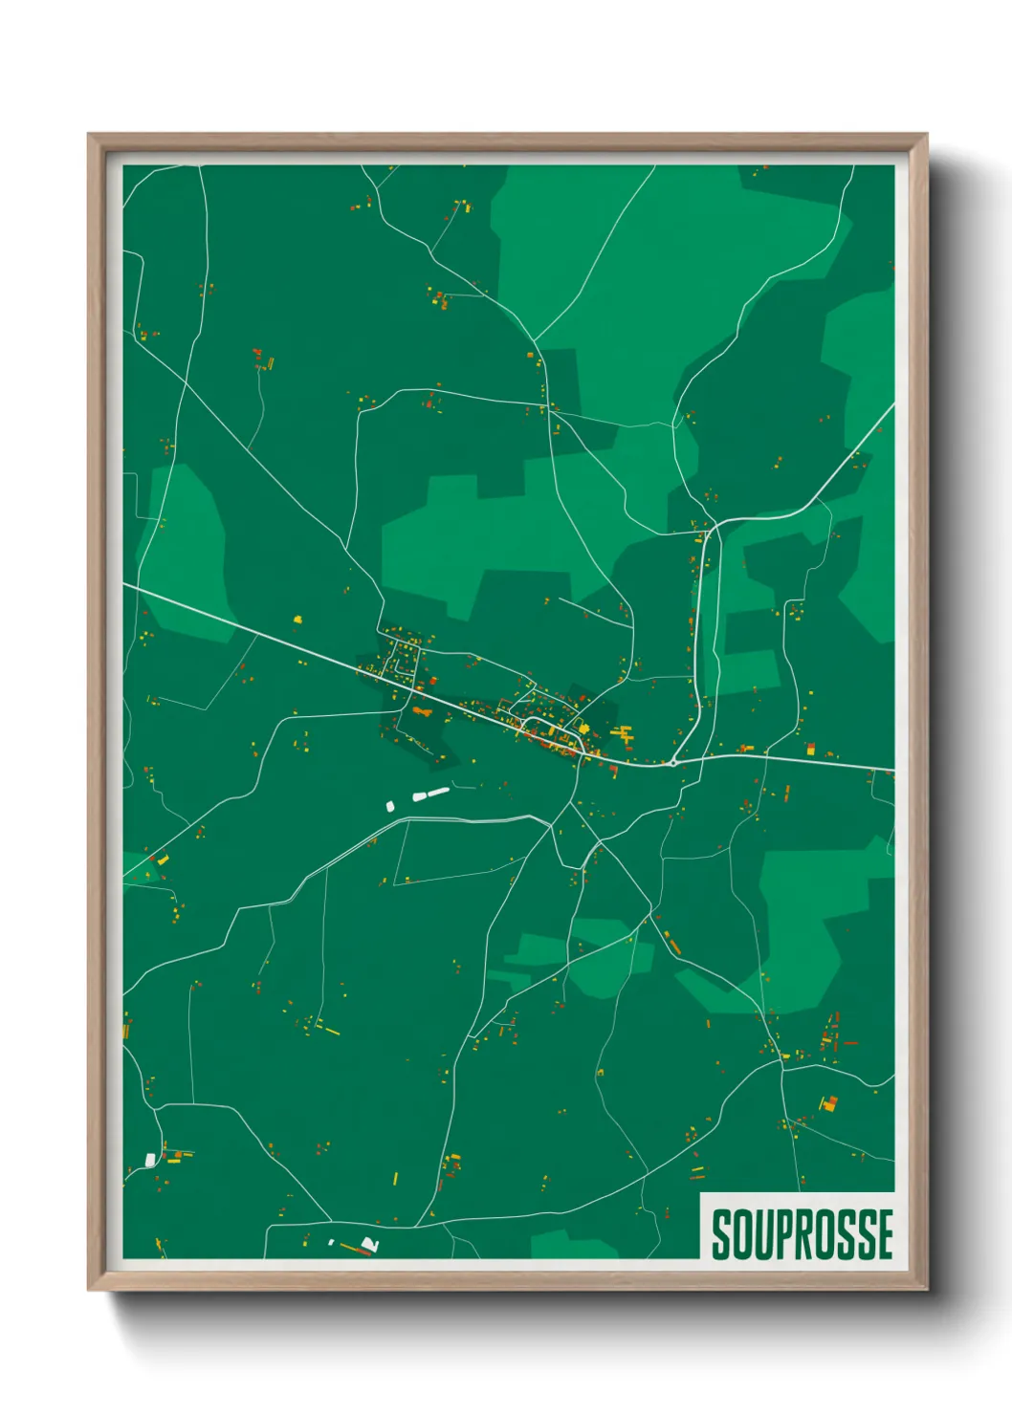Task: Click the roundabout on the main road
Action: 673,763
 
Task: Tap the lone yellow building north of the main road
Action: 297,619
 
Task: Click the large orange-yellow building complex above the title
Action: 828,1103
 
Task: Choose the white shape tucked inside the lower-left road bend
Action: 150,1160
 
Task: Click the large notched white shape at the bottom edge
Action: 370,1244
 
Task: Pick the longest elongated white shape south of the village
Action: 438,792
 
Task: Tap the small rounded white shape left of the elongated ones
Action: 390,806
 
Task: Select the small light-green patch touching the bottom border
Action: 574,1246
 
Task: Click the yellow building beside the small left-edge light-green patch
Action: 162,860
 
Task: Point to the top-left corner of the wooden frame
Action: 89,135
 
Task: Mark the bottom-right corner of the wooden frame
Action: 926,1289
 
